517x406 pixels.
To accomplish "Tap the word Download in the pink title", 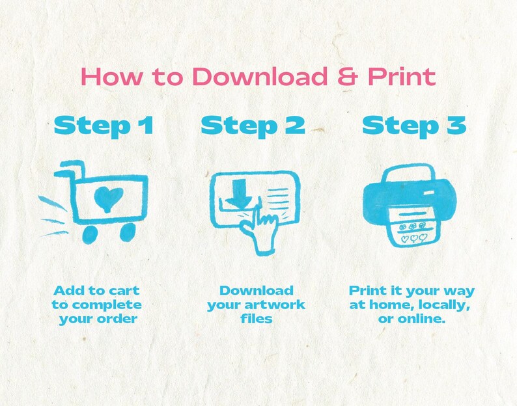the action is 260,77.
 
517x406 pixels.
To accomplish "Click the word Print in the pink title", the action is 402,77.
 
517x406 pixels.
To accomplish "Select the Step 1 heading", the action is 104,126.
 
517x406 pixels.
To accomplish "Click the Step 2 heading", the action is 253,126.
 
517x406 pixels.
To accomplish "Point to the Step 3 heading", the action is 414,126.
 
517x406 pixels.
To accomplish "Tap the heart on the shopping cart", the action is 109,199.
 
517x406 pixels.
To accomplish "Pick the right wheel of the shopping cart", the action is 127,232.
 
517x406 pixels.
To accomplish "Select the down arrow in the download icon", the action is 242,193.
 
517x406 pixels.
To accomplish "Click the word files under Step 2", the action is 256,319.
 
